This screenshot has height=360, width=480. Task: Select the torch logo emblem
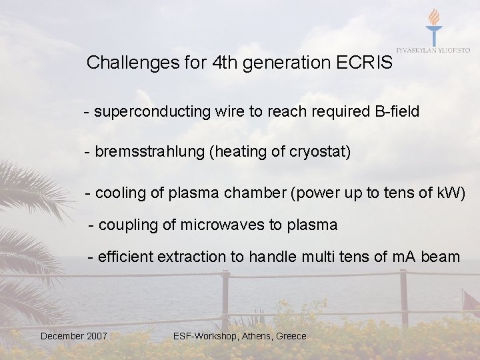coord(434,27)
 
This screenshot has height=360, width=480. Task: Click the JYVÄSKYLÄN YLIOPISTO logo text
coord(433,51)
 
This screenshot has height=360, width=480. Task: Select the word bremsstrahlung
coord(150,152)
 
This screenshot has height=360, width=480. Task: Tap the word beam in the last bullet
coord(441,256)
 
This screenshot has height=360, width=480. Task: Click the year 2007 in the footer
coord(96,336)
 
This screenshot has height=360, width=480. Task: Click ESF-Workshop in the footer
coord(203,336)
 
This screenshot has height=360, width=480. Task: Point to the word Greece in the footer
coord(291,336)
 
